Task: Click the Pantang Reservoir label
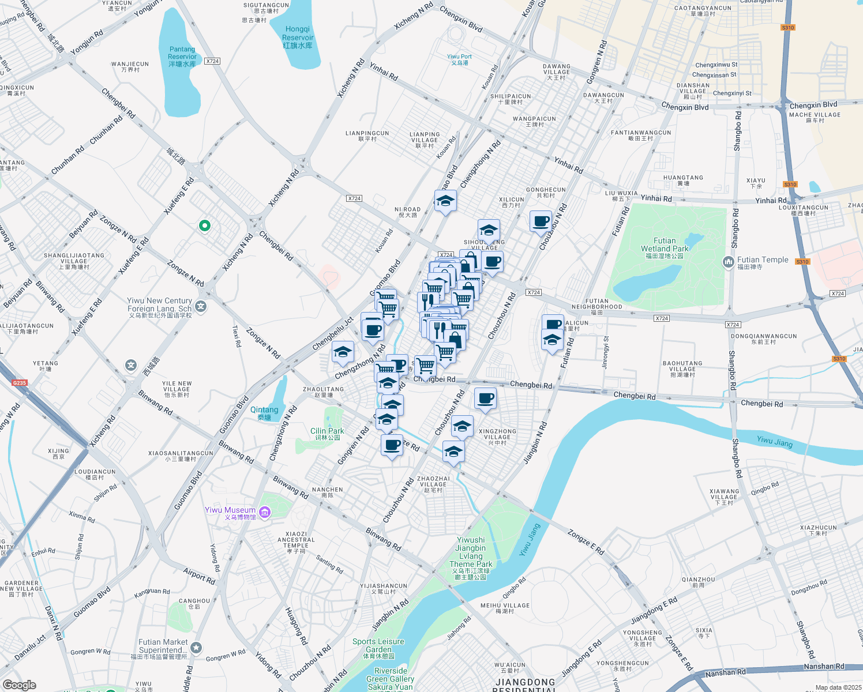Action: (x=182, y=57)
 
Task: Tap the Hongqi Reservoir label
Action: (x=298, y=37)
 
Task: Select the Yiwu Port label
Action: (x=459, y=59)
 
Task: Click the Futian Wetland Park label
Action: (x=665, y=248)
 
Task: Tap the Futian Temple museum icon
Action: (x=727, y=263)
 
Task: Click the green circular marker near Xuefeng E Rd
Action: (x=204, y=225)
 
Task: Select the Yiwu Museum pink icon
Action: (x=265, y=512)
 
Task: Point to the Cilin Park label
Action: (x=327, y=434)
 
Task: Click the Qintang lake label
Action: (x=264, y=413)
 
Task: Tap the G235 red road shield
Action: (x=20, y=383)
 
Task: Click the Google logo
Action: (x=19, y=685)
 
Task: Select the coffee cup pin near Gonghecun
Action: (x=541, y=221)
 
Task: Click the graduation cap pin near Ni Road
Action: (x=445, y=201)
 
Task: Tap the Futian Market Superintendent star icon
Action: (x=197, y=649)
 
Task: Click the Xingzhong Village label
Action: (x=497, y=437)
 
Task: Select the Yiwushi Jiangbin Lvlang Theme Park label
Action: (x=471, y=556)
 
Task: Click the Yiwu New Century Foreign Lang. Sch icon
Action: (x=201, y=307)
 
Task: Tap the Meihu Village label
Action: (x=505, y=608)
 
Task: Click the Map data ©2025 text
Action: (x=838, y=687)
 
